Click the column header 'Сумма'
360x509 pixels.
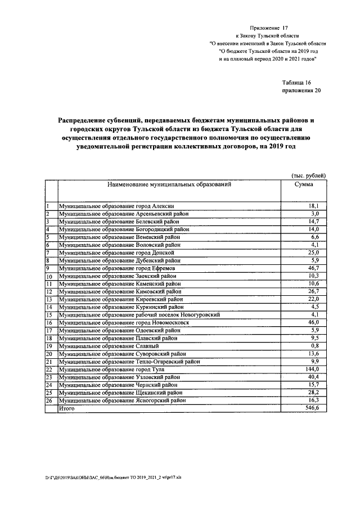tap(304, 184)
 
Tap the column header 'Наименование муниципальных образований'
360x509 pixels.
tap(166, 184)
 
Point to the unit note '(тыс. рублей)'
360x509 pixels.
tap(308, 175)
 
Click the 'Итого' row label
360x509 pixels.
tap(67, 409)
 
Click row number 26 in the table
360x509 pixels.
tap(49, 400)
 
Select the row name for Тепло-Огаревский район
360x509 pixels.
tap(129, 362)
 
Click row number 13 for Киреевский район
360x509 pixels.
tap(49, 300)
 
